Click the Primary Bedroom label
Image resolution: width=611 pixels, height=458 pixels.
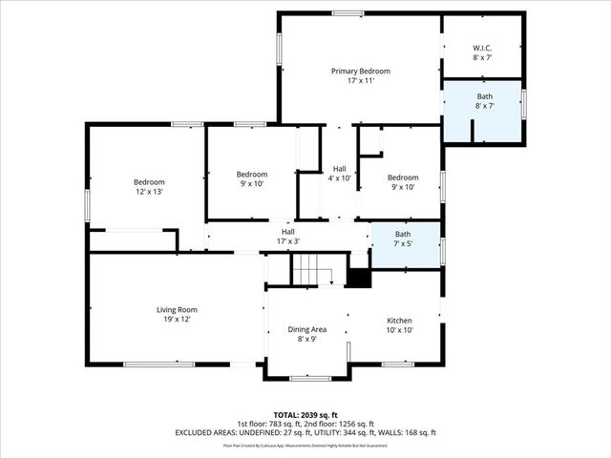coord(360,72)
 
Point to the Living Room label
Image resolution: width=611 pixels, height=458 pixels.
coord(177,309)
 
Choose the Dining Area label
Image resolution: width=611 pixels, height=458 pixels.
coord(306,329)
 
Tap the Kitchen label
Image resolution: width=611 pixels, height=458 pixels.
coord(398,321)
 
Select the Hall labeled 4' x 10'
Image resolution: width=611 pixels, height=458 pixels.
coord(339,173)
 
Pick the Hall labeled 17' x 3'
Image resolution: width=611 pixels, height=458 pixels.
coord(287,236)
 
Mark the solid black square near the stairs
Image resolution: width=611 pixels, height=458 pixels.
coord(359,278)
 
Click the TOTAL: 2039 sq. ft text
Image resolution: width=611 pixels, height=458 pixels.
coord(305,415)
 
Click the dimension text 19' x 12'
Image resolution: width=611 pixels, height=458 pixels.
coord(177,319)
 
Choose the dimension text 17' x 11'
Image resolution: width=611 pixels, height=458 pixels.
coord(360,81)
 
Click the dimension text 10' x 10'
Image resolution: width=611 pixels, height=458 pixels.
coord(398,330)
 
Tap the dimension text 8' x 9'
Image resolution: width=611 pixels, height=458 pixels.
coord(306,339)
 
